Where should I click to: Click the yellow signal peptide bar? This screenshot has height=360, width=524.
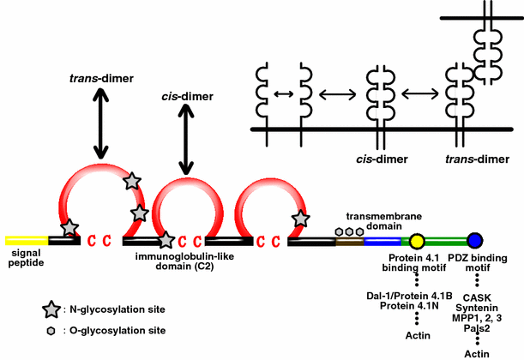pos(26,240)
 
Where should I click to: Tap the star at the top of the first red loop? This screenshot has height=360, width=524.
pos(131,181)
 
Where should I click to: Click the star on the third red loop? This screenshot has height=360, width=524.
pos(299,219)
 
